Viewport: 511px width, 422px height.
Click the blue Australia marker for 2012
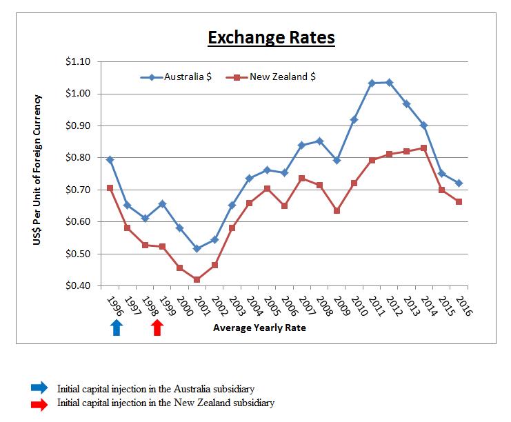390,82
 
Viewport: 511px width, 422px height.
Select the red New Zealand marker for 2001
197,279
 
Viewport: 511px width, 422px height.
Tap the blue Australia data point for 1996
110,160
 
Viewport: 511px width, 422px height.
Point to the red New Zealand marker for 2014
424,148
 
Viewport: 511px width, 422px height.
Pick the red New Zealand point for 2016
459,201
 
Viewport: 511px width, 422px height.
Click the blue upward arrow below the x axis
117,327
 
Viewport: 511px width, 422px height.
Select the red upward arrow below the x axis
157,327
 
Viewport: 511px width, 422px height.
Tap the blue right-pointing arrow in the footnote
40,387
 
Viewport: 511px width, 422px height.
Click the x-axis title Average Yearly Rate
259,328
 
